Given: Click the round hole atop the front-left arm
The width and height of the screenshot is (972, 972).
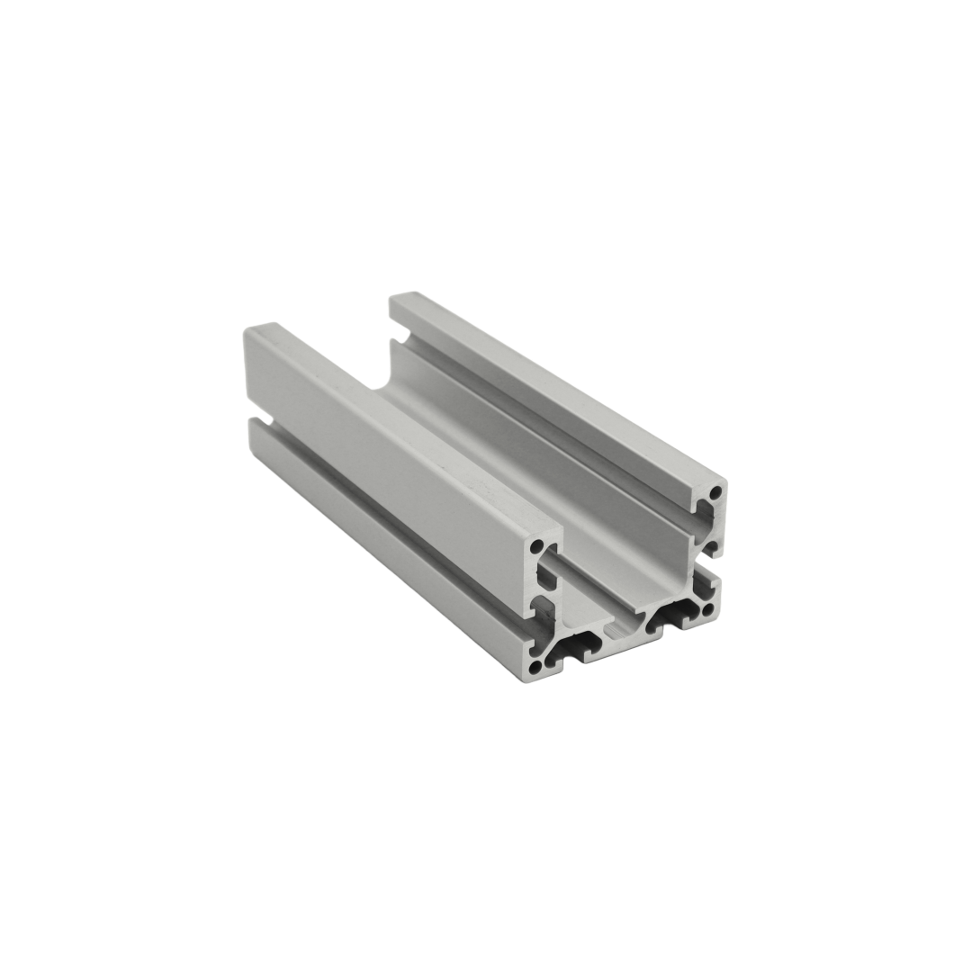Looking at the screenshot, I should pyautogui.click(x=537, y=546).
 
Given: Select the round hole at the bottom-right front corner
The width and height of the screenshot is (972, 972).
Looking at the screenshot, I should pyautogui.click(x=706, y=610).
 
